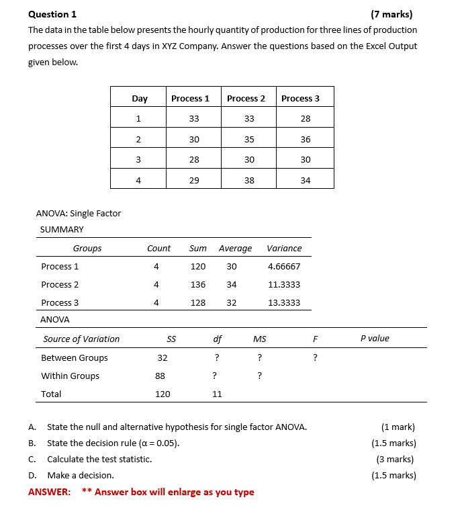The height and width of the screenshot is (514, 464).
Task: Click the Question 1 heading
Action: (x=52, y=14)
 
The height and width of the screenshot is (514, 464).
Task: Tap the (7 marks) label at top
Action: (x=391, y=14)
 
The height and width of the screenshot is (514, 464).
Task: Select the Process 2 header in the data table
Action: (x=246, y=99)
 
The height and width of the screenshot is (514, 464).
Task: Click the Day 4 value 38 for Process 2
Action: (x=249, y=181)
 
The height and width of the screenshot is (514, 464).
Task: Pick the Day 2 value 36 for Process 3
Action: (x=306, y=140)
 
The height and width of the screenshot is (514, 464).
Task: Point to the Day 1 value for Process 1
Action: (x=194, y=119)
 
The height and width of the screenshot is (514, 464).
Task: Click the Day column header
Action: (x=140, y=99)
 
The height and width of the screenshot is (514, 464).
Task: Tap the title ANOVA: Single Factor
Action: (x=79, y=214)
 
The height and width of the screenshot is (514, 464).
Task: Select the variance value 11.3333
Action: (x=284, y=285)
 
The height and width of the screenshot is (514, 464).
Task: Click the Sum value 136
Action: (x=198, y=285)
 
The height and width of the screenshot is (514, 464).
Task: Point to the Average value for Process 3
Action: (x=232, y=303)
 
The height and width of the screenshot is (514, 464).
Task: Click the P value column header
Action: (x=375, y=339)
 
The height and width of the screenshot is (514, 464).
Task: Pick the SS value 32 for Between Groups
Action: (x=163, y=358)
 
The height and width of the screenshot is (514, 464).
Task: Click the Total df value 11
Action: (x=217, y=394)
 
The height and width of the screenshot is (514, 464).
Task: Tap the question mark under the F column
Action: (x=316, y=358)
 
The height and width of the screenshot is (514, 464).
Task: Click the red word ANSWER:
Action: (x=49, y=492)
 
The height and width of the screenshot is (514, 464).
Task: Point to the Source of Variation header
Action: (x=81, y=339)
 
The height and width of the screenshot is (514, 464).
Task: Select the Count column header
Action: (x=159, y=249)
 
